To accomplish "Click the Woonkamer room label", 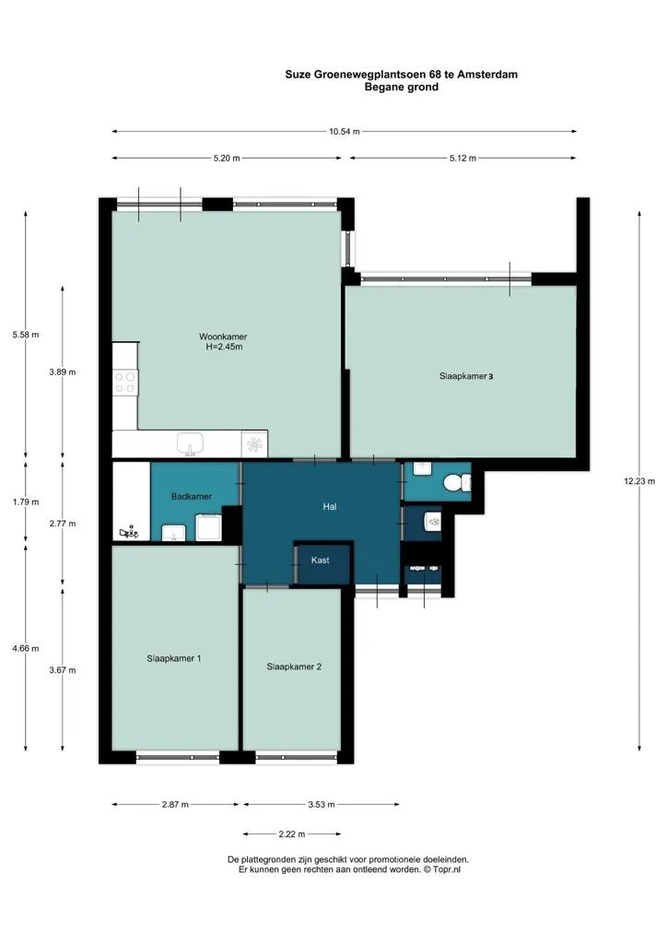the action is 223,336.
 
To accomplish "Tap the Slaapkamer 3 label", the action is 466,376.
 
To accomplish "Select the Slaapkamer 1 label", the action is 174,658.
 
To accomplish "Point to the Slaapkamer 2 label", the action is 294,667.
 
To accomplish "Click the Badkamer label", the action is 192,497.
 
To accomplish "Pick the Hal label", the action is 330,507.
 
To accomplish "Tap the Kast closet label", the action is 320,560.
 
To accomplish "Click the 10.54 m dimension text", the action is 344,131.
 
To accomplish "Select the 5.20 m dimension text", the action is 227,159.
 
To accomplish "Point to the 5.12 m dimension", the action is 462,159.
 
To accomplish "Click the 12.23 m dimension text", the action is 639,481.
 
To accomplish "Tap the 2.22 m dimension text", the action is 292,834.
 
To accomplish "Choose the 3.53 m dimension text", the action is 322,804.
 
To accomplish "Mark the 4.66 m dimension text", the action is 25,648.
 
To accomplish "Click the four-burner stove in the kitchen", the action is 125,383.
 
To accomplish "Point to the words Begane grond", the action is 401,88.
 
